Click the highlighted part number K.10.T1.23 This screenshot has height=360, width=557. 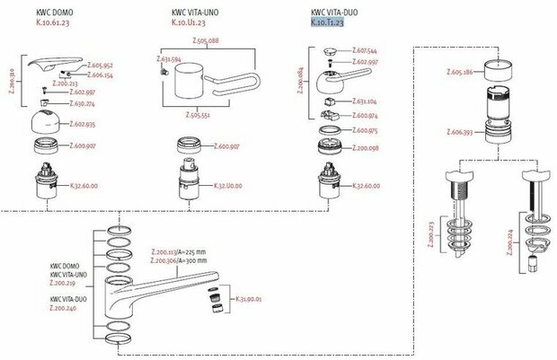coord(328,22)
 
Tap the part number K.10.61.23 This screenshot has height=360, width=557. coord(56,22)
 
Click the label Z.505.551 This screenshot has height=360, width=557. coord(198,115)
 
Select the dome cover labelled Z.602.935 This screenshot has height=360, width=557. coord(44,122)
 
